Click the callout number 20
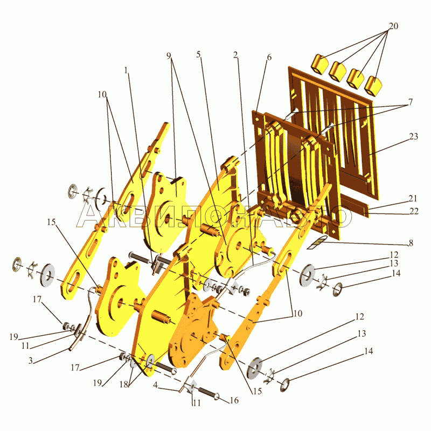tap(393, 26)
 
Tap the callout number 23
tap(414, 136)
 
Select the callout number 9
tap(169, 56)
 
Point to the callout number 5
tap(198, 54)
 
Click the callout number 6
tap(269, 58)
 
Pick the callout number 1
tap(126, 71)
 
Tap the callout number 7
tap(411, 102)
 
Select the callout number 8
tap(411, 243)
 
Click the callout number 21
tap(413, 198)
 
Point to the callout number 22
tap(414, 211)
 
